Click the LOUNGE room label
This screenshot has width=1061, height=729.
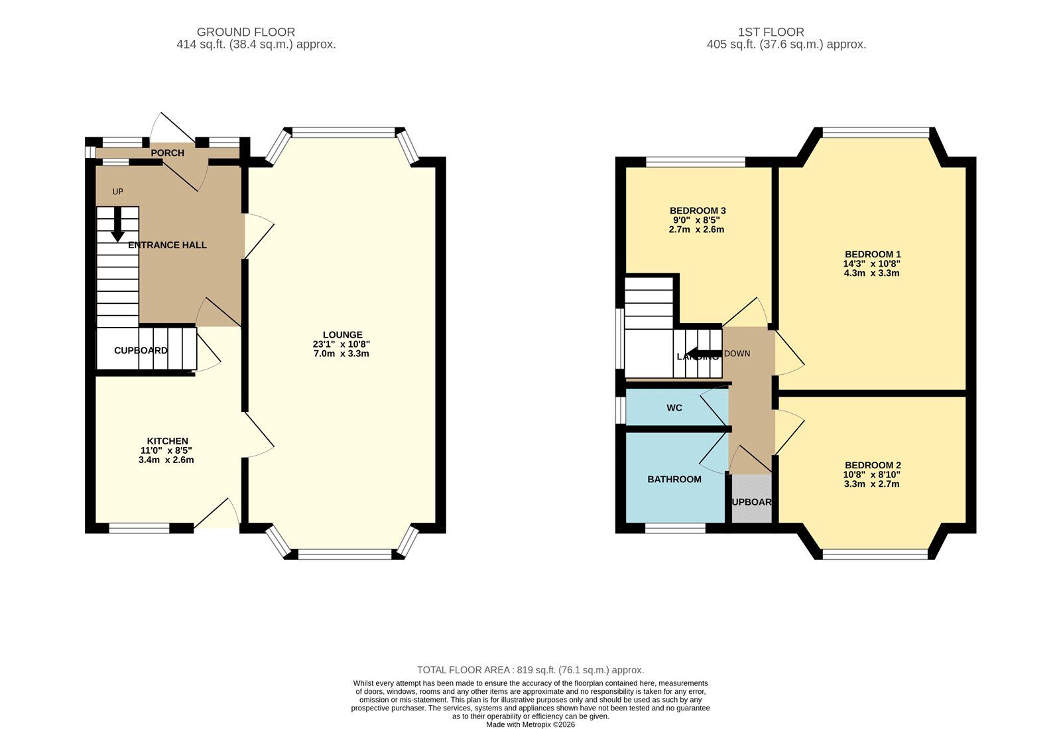[x=342, y=335]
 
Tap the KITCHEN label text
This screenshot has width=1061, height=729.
[x=167, y=441]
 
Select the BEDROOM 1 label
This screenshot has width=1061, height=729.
[x=872, y=254]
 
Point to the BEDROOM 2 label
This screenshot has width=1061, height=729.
[x=872, y=465]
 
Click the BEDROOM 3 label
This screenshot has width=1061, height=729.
[x=697, y=211]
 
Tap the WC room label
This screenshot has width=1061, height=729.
[x=674, y=408]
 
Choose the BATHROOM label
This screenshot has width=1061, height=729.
[x=674, y=480]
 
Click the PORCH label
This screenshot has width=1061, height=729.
[x=167, y=153]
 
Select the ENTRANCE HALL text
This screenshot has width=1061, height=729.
[x=167, y=245]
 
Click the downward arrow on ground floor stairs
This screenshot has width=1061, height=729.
[x=117, y=226]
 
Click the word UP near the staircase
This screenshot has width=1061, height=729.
[x=117, y=192]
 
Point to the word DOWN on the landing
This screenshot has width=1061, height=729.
[x=737, y=354]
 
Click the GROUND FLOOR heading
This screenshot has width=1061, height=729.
[x=245, y=32]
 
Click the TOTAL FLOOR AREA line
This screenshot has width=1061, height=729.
[x=530, y=670]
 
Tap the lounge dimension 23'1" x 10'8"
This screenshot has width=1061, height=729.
[x=342, y=344]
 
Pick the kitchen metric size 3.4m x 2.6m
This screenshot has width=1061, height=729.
[x=166, y=460]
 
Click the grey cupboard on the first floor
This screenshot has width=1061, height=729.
[x=751, y=501]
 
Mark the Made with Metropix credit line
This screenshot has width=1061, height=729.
[x=530, y=724]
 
